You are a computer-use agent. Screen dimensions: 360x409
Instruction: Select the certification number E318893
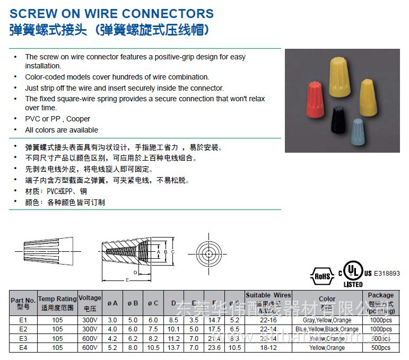pos(387,274)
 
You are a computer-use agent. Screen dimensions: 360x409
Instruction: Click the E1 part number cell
pos(23,320)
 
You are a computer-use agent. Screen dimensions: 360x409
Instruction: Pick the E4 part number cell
pos(23,347)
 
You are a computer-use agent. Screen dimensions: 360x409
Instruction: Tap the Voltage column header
pos(90,302)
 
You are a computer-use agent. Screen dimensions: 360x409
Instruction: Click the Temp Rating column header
pos(57,303)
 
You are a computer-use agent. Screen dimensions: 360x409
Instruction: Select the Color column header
pos(327,299)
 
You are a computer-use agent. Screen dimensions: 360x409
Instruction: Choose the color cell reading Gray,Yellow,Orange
pos(327,320)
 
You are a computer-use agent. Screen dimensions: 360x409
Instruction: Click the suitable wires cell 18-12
pos(268,347)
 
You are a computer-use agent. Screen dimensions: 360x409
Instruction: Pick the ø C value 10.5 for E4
pos(153,347)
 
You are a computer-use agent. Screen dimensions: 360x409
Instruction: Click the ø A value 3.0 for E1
pos(112,320)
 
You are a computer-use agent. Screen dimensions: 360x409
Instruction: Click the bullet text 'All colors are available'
pos(62,130)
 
